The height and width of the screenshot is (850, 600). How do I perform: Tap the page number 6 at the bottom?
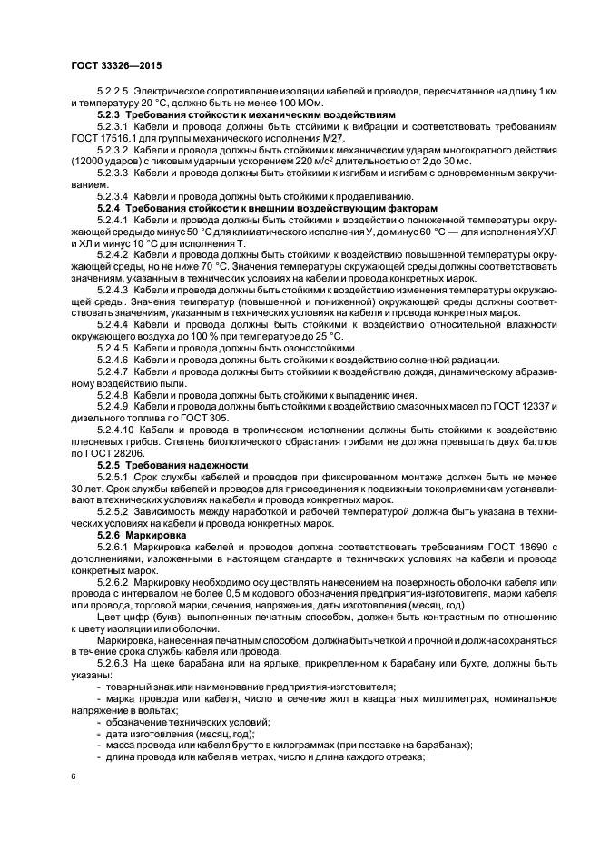coord(74,778)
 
